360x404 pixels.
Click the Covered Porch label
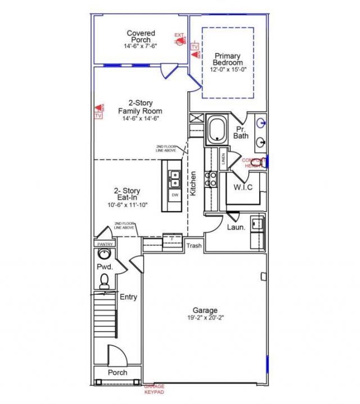[x=141, y=37]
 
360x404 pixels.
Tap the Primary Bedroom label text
[x=227, y=60]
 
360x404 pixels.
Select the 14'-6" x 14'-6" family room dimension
[x=140, y=119]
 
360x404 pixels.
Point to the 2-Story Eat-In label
[x=128, y=195]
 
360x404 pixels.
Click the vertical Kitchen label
[x=192, y=183]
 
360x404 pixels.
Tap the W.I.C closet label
[x=243, y=187]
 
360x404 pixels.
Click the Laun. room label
[x=236, y=227]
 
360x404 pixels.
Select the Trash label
[x=194, y=246]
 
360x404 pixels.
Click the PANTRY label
[x=105, y=244]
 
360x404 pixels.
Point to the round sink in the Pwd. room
[x=105, y=254]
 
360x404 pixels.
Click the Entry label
[x=128, y=297]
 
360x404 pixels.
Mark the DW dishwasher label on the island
[x=175, y=195]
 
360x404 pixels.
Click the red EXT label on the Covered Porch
[x=179, y=36]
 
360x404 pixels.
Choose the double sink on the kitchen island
[x=175, y=178]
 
